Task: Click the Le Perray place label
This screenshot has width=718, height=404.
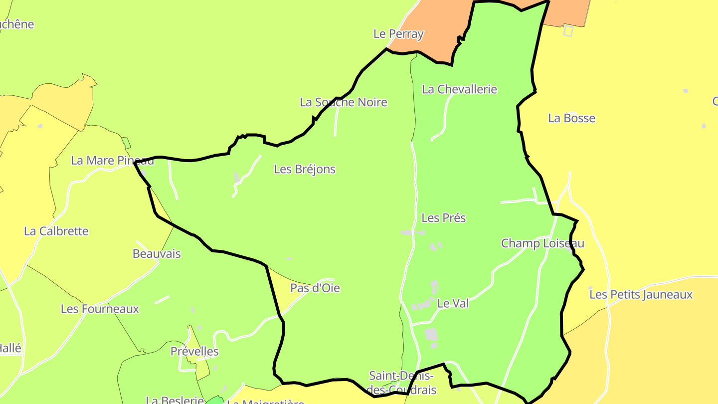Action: [x=398, y=34]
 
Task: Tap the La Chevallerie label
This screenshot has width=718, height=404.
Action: [x=459, y=89]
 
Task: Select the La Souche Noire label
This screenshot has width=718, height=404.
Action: [x=343, y=102]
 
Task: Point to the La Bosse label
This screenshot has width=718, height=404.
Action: [x=571, y=118]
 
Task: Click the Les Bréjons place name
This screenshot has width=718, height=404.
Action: [x=305, y=169]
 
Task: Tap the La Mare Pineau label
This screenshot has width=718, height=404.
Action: [x=112, y=160]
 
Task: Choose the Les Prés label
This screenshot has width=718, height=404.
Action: [x=443, y=218]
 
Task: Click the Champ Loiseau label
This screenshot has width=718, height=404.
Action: [x=542, y=243]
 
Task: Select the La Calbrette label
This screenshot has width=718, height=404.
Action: [x=56, y=231]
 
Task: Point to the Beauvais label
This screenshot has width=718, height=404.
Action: [x=157, y=253]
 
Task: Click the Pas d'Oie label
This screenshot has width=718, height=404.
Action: [x=315, y=288]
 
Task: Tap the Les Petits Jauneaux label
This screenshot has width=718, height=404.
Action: [x=641, y=294]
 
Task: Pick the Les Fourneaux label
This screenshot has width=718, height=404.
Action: [x=100, y=309]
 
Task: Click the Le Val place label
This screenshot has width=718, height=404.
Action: [x=453, y=303]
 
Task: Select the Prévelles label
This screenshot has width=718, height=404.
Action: [x=194, y=351]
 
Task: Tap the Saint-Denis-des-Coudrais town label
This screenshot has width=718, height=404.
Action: [x=401, y=383]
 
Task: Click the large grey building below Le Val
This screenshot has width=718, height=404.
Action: [x=431, y=335]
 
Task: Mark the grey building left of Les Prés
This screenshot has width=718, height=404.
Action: [x=408, y=233]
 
